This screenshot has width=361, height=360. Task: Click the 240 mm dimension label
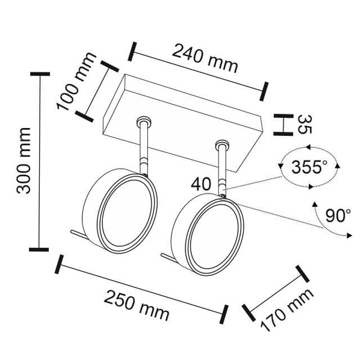[x=205, y=59]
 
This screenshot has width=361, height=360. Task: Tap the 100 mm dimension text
[x=76, y=81]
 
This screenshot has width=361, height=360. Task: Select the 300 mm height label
[x=23, y=161]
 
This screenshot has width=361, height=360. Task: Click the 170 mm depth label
[x=287, y=310]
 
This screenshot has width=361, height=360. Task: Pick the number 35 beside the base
[x=305, y=124]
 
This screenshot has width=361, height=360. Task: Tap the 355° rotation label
[x=309, y=166]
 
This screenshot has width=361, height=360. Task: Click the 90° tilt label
[x=338, y=215]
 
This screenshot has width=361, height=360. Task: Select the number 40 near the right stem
[x=201, y=185]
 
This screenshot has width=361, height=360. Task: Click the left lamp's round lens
[x=127, y=213]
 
